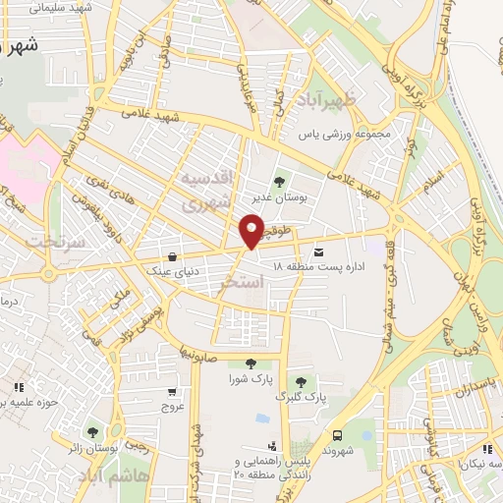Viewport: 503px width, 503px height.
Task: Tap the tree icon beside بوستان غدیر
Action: [x=279, y=181]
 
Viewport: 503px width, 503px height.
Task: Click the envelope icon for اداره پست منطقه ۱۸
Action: [x=317, y=252]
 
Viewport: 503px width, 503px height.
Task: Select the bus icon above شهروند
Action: [x=337, y=434]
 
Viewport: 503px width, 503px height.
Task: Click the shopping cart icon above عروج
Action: [x=173, y=392]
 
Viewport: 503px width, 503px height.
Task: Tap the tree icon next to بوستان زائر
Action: [x=92, y=432]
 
